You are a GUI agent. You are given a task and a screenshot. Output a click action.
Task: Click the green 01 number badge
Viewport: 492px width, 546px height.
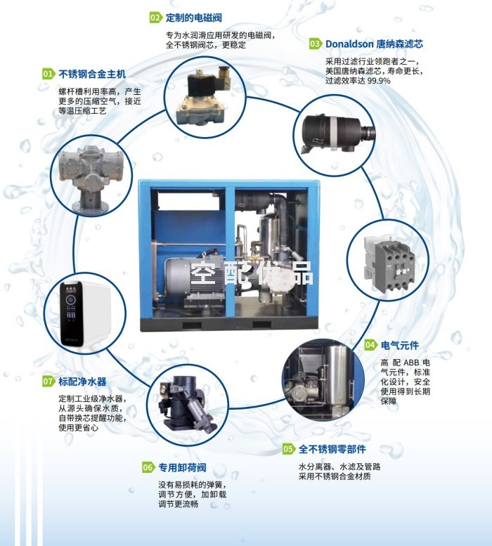(48, 74)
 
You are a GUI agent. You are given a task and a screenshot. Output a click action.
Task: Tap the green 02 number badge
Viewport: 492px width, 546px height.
(156, 18)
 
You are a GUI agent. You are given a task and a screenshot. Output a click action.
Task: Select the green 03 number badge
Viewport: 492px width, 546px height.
(316, 44)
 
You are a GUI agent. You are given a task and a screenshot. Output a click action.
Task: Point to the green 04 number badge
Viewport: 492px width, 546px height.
(371, 345)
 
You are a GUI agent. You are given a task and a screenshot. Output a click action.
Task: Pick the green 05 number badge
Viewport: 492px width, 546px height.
(289, 449)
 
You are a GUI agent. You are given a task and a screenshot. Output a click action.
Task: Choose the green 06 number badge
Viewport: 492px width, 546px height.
(148, 467)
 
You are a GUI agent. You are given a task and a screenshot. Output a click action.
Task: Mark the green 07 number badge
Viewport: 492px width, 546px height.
(48, 382)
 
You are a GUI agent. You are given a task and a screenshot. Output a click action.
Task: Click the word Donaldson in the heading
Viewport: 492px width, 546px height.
(349, 44)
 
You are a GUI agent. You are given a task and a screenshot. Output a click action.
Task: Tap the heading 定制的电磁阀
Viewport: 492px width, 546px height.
(193, 18)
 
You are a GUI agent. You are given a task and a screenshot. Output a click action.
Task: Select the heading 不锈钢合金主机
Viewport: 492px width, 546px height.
(92, 74)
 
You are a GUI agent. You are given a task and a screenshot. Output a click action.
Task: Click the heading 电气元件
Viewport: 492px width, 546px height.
(400, 345)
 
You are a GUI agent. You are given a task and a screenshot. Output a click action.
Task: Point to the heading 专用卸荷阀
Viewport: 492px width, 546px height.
(182, 467)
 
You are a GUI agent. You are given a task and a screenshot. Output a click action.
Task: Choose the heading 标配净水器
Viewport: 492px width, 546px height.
(82, 382)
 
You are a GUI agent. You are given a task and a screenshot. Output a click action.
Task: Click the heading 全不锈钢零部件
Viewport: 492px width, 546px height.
(332, 449)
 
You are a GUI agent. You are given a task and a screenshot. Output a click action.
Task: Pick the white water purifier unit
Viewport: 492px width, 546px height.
(85, 313)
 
